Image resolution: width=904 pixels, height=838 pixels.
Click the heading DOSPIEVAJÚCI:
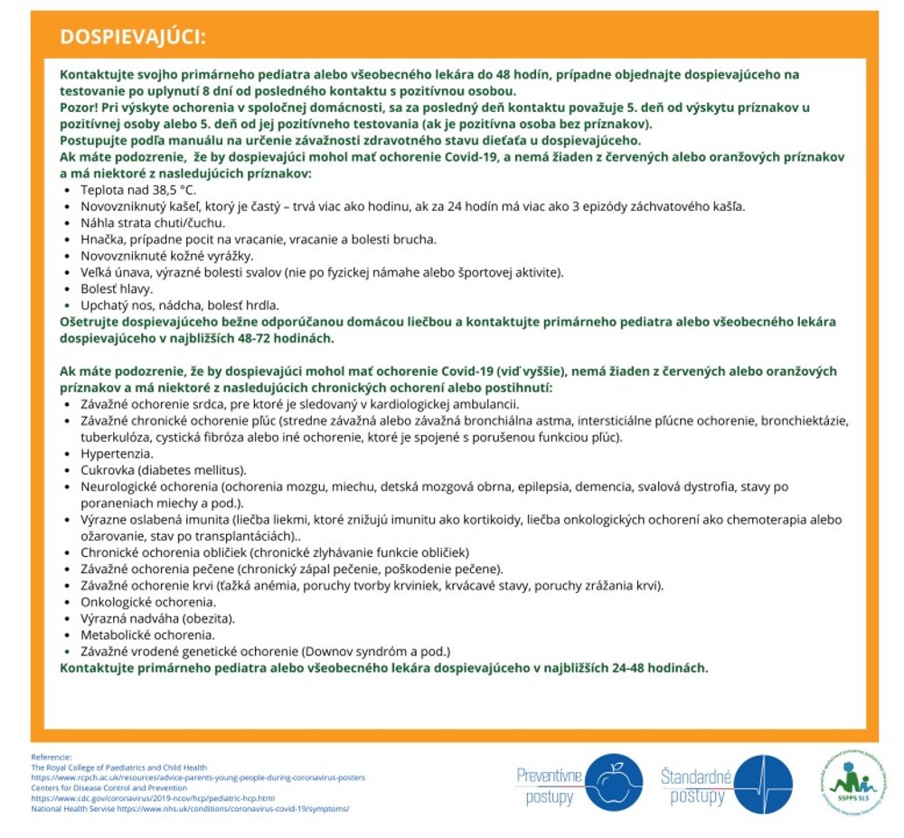132,36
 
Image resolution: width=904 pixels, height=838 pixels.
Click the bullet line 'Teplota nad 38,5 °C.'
138,190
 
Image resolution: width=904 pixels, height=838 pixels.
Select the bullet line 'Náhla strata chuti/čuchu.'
153,222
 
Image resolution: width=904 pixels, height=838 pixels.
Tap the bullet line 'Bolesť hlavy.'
117,288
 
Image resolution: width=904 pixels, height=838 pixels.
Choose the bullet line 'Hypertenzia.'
117,453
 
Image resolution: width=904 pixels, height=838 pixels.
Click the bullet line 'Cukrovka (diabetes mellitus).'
163,470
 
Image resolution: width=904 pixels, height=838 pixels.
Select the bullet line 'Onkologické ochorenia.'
148,601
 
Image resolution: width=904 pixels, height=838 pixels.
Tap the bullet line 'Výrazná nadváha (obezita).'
157,618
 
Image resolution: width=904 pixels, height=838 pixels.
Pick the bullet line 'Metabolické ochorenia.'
147,635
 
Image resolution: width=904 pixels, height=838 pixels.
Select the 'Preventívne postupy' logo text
549,785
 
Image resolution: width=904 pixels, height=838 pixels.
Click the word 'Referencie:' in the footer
51,757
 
